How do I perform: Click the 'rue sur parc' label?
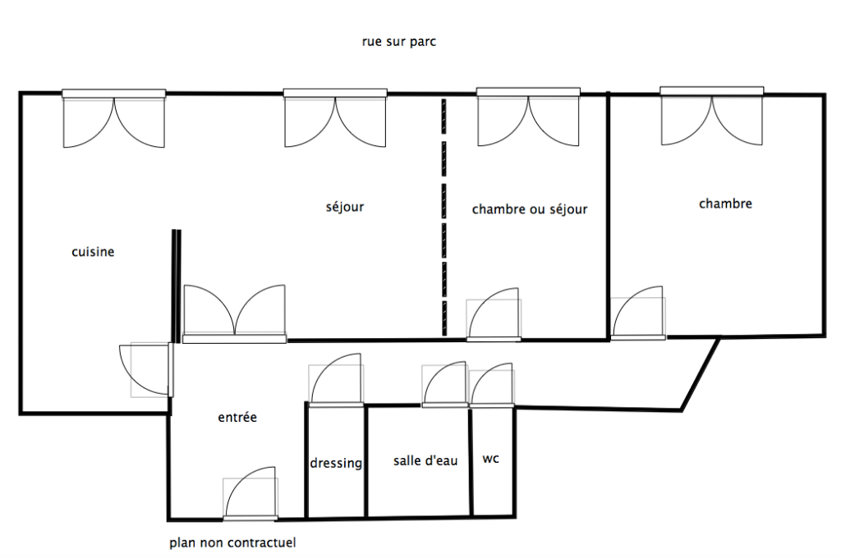[399, 42]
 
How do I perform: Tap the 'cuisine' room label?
[93, 251]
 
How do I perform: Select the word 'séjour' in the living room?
[345, 207]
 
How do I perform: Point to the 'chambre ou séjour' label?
[530, 209]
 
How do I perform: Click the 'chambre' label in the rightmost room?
[725, 204]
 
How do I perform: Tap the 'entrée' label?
[237, 417]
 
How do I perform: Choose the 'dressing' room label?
[336, 463]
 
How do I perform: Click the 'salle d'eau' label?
[425, 460]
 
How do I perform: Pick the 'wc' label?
[491, 459]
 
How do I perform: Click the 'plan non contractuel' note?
[232, 543]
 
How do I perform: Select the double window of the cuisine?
[113, 118]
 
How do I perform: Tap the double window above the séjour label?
[335, 118]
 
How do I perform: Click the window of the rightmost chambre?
[712, 116]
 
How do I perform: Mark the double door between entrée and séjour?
[234, 314]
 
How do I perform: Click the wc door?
[492, 386]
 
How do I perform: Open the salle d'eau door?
[444, 384]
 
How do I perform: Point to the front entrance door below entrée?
[250, 494]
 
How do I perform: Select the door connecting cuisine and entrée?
[146, 370]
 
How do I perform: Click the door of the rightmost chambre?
[638, 313]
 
